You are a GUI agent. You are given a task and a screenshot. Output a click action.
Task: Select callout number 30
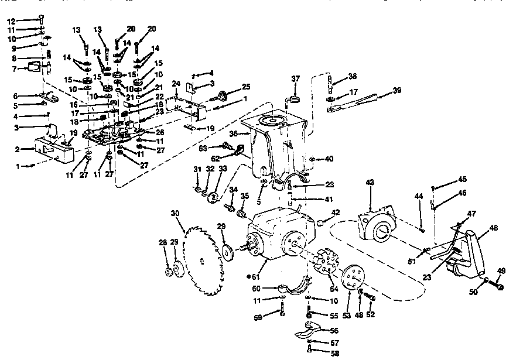(x=175, y=214)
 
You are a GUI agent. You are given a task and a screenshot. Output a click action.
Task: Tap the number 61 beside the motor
(x=255, y=277)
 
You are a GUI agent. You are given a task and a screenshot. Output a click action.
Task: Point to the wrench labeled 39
(x=352, y=102)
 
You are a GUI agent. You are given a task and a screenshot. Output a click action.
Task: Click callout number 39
(x=397, y=90)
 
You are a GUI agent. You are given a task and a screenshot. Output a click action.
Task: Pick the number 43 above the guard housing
(x=370, y=182)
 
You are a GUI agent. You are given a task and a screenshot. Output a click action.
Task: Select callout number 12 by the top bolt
(x=11, y=21)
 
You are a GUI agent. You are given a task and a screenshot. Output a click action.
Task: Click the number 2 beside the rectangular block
(x=17, y=149)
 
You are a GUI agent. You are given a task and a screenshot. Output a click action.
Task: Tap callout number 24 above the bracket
(x=176, y=84)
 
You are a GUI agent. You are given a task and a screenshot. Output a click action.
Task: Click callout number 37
(x=296, y=78)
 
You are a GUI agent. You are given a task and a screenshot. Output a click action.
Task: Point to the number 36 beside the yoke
(x=234, y=133)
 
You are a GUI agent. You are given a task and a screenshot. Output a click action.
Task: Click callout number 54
(x=334, y=289)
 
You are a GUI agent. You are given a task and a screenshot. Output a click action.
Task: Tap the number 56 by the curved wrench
(x=334, y=331)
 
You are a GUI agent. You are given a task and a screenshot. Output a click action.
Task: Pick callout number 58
(x=335, y=353)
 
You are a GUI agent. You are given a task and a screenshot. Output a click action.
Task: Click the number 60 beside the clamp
(x=257, y=289)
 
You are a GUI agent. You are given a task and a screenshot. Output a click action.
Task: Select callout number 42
(x=336, y=212)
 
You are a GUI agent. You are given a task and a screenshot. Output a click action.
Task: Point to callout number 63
(x=203, y=148)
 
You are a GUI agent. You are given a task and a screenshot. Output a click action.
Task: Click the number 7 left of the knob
(x=14, y=69)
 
